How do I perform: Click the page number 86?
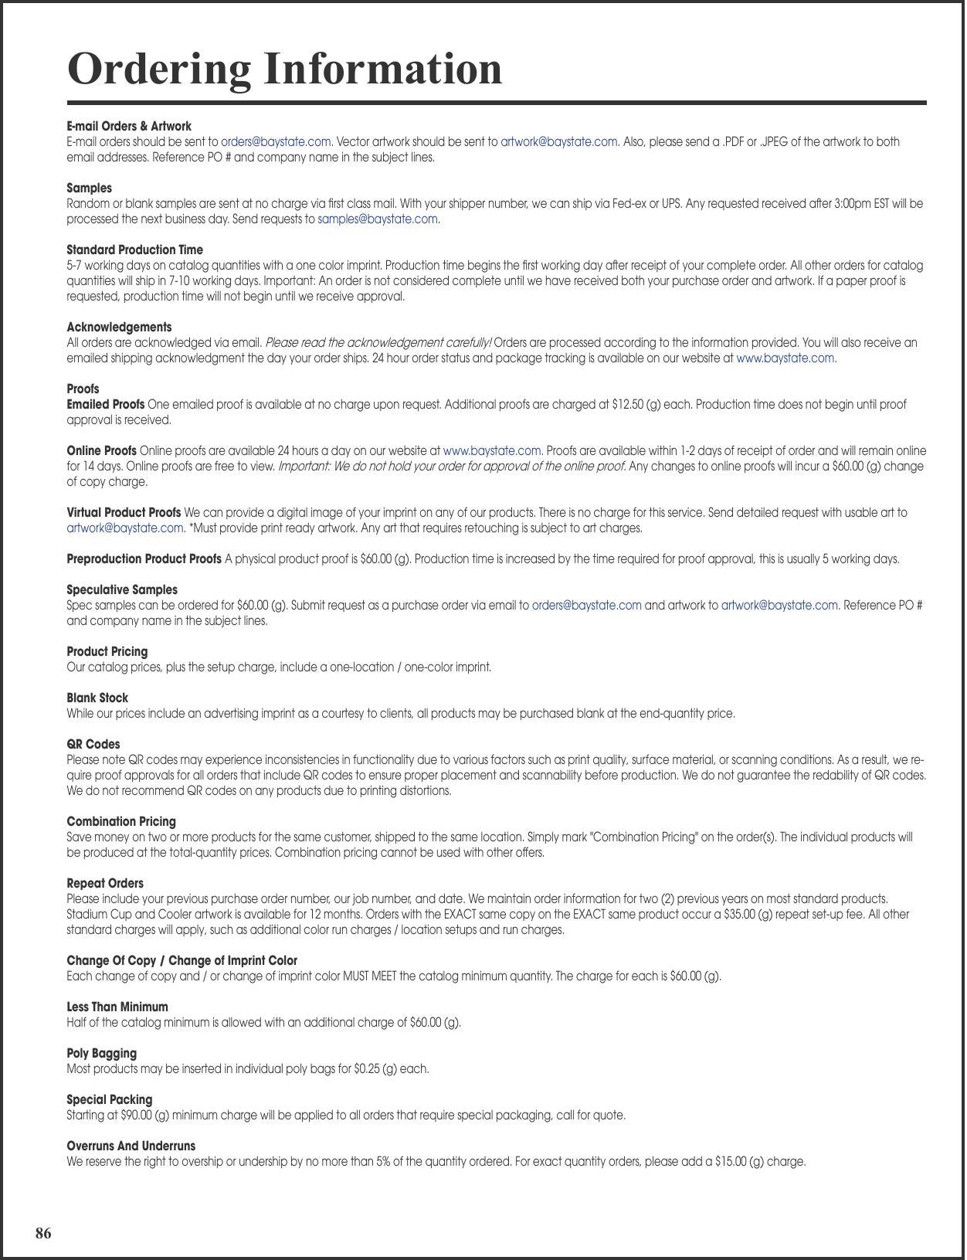coord(43,1233)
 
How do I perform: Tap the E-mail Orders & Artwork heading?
coord(129,126)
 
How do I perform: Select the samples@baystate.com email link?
coord(378,219)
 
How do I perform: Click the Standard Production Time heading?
coord(134,250)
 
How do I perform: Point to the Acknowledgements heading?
coord(119,327)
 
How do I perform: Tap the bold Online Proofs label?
coord(101,450)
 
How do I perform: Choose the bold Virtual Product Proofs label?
coord(124,512)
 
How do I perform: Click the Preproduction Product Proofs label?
coord(144,559)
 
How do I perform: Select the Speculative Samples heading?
coord(122,589)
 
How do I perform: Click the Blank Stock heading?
coord(97,698)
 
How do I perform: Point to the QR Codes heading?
coord(93,744)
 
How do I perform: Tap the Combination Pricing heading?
coord(121,821)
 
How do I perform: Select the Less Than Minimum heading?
coord(117,1007)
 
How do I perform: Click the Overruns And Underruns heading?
coord(131,1146)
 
